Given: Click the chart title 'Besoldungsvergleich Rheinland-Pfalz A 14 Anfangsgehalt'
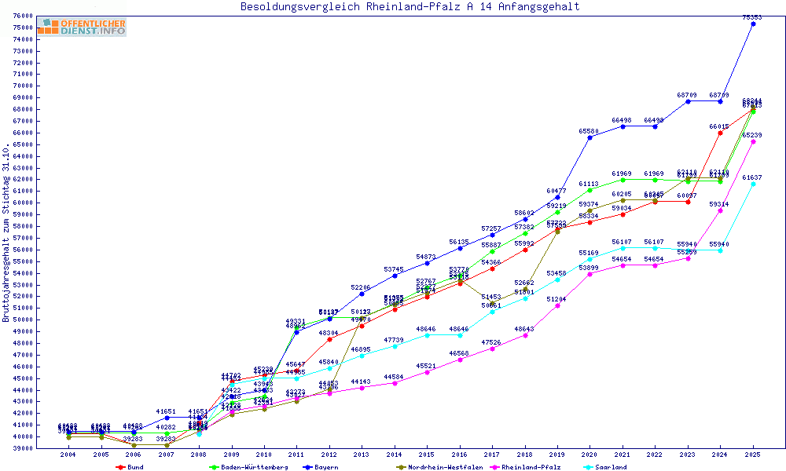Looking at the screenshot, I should coord(410,6).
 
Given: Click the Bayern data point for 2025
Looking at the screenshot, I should coord(753,24).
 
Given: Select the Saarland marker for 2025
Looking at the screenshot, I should coord(753,184).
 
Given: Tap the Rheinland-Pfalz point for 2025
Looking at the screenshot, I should coord(753,142).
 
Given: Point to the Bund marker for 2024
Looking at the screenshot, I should coord(720,133).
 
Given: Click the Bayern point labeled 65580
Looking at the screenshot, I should coord(589,137).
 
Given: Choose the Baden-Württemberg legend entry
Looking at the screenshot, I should coord(244,467).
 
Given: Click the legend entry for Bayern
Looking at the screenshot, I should coord(322,467).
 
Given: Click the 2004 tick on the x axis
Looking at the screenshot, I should coord(68,455).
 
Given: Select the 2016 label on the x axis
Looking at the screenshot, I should coord(460,455).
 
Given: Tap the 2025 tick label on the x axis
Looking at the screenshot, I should coord(753,455).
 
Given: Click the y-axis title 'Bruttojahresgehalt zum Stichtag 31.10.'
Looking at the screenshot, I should coord(6,233).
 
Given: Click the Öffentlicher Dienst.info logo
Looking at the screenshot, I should coord(81,27).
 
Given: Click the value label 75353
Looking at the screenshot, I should coord(753,16).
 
